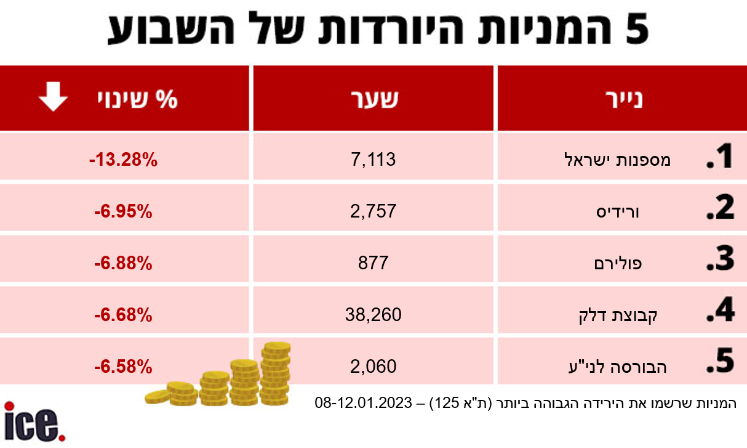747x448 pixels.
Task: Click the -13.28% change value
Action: (123, 161)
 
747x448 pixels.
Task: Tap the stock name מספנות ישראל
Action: (617, 161)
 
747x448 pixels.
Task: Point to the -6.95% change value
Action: (123, 212)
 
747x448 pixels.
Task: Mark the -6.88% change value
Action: (123, 264)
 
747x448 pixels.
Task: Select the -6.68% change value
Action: (123, 316)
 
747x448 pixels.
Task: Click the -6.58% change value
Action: (123, 367)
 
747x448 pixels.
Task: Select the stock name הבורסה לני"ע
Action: (625, 367)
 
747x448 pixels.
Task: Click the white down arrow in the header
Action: (54, 99)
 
